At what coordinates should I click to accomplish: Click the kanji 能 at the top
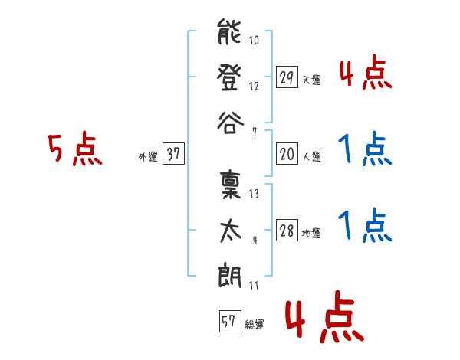coord(229,32)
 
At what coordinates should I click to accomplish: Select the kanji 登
coord(229,77)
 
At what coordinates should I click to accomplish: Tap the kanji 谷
coord(230,123)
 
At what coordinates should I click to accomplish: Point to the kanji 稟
coord(230,185)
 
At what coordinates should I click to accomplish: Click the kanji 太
coord(231,231)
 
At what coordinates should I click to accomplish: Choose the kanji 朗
coord(230,275)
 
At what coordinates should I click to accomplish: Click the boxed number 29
coord(287,77)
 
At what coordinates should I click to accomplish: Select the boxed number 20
coord(287,154)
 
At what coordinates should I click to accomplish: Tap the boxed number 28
coord(287,230)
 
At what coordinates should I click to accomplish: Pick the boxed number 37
coord(173,153)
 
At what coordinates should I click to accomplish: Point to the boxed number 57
coord(230,321)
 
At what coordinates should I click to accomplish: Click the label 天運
coord(312,80)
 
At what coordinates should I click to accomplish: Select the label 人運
coord(312,156)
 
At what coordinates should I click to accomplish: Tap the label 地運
coord(311,233)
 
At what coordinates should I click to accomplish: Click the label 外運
coord(148,156)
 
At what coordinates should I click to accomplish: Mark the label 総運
coord(255,324)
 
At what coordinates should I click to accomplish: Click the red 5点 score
coord(75,149)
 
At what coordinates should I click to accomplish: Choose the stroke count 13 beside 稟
coord(254,194)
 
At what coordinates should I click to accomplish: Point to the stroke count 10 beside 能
coord(254,40)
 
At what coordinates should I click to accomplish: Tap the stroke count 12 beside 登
coord(254,86)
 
